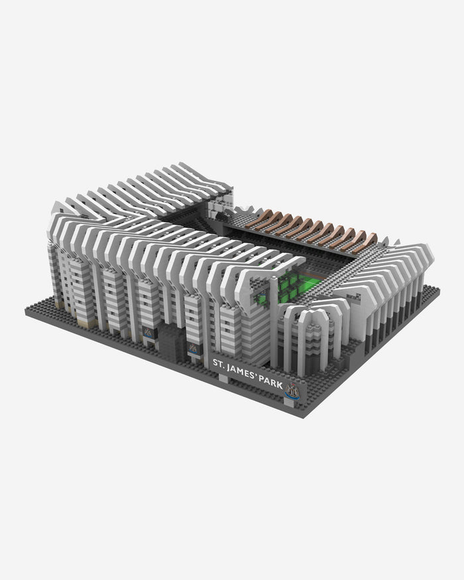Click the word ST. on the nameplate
tap(219, 364)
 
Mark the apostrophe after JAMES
tap(257, 375)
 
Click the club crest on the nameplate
tap(292, 391)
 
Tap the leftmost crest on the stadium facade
tap(147, 332)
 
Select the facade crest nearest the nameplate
tap(193, 349)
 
